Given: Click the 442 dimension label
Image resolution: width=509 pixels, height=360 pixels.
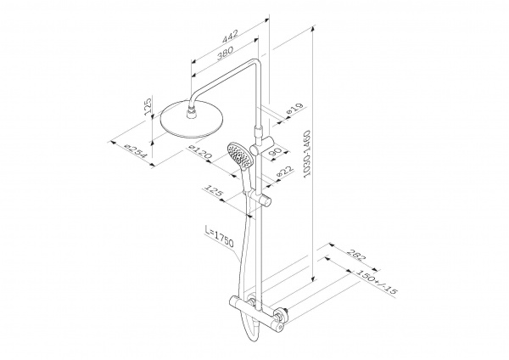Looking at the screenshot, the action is tap(230, 36).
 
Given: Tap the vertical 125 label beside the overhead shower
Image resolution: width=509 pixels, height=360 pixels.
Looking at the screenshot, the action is tap(148, 105).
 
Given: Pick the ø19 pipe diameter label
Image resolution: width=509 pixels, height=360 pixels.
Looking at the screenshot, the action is tap(294, 109).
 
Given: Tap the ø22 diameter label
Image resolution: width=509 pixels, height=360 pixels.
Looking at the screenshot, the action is tap(285, 172).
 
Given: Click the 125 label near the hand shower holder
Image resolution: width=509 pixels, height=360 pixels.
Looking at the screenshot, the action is tap(213, 191).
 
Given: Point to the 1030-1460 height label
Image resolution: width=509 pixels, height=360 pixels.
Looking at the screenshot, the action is tap(307, 154).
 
